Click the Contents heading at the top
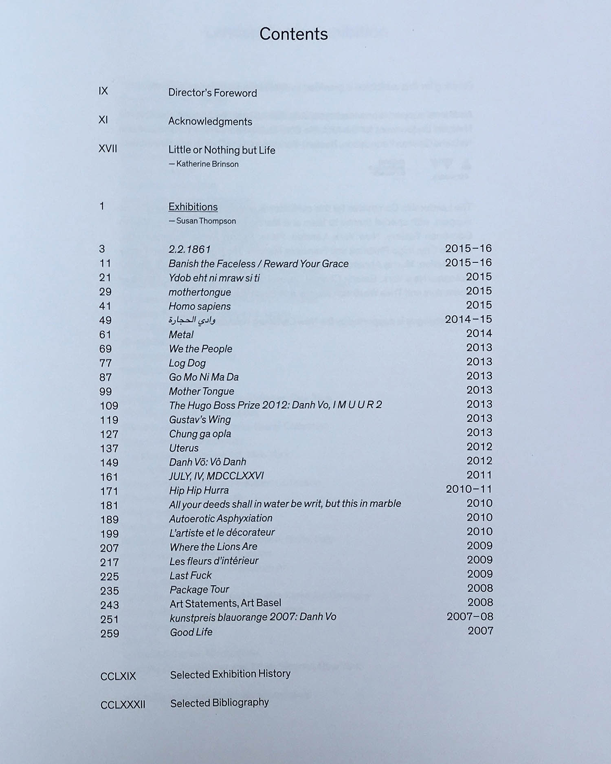293,34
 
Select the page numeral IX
103,91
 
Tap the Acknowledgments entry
210,121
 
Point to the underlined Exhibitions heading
193,207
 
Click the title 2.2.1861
190,249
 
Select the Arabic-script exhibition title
192,321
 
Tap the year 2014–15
468,319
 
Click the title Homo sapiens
200,306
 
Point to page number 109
109,406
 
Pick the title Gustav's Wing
200,420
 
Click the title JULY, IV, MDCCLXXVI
216,476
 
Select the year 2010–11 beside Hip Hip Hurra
469,489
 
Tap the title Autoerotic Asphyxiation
221,518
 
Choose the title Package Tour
199,590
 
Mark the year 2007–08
470,617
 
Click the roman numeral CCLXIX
118,676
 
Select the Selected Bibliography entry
220,703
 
